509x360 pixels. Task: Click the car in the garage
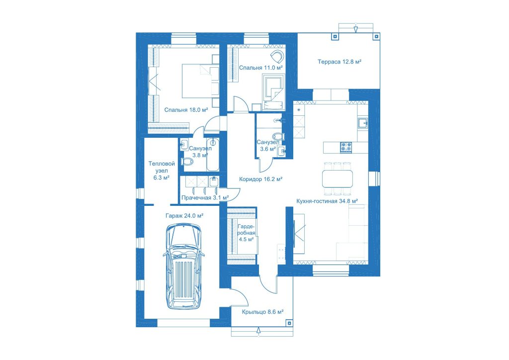pyautogui.click(x=184, y=266)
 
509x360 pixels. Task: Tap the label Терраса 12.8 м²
pyautogui.click(x=339, y=62)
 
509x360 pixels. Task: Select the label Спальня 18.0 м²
pyautogui.click(x=186, y=110)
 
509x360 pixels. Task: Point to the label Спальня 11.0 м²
pyautogui.click(x=260, y=68)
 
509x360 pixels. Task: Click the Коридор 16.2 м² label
pyautogui.click(x=260, y=179)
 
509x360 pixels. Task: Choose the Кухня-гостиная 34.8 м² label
pyautogui.click(x=327, y=201)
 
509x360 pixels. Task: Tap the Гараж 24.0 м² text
pyautogui.click(x=184, y=216)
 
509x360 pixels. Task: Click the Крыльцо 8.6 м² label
pyautogui.click(x=262, y=312)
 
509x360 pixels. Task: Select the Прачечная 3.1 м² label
pyautogui.click(x=205, y=198)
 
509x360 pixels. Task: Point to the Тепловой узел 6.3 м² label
pyautogui.click(x=162, y=171)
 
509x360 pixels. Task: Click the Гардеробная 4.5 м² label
pyautogui.click(x=246, y=233)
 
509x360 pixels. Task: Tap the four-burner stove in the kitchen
pyautogui.click(x=346, y=147)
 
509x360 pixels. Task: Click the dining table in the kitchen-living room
pyautogui.click(x=338, y=179)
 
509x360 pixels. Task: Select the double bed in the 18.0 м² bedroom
pyautogui.click(x=200, y=81)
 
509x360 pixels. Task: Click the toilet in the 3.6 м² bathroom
pyautogui.click(x=278, y=136)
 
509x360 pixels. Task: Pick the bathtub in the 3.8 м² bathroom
pyautogui.click(x=213, y=155)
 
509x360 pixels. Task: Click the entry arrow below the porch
pyautogui.click(x=258, y=330)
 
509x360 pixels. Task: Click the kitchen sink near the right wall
pyautogui.click(x=363, y=123)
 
